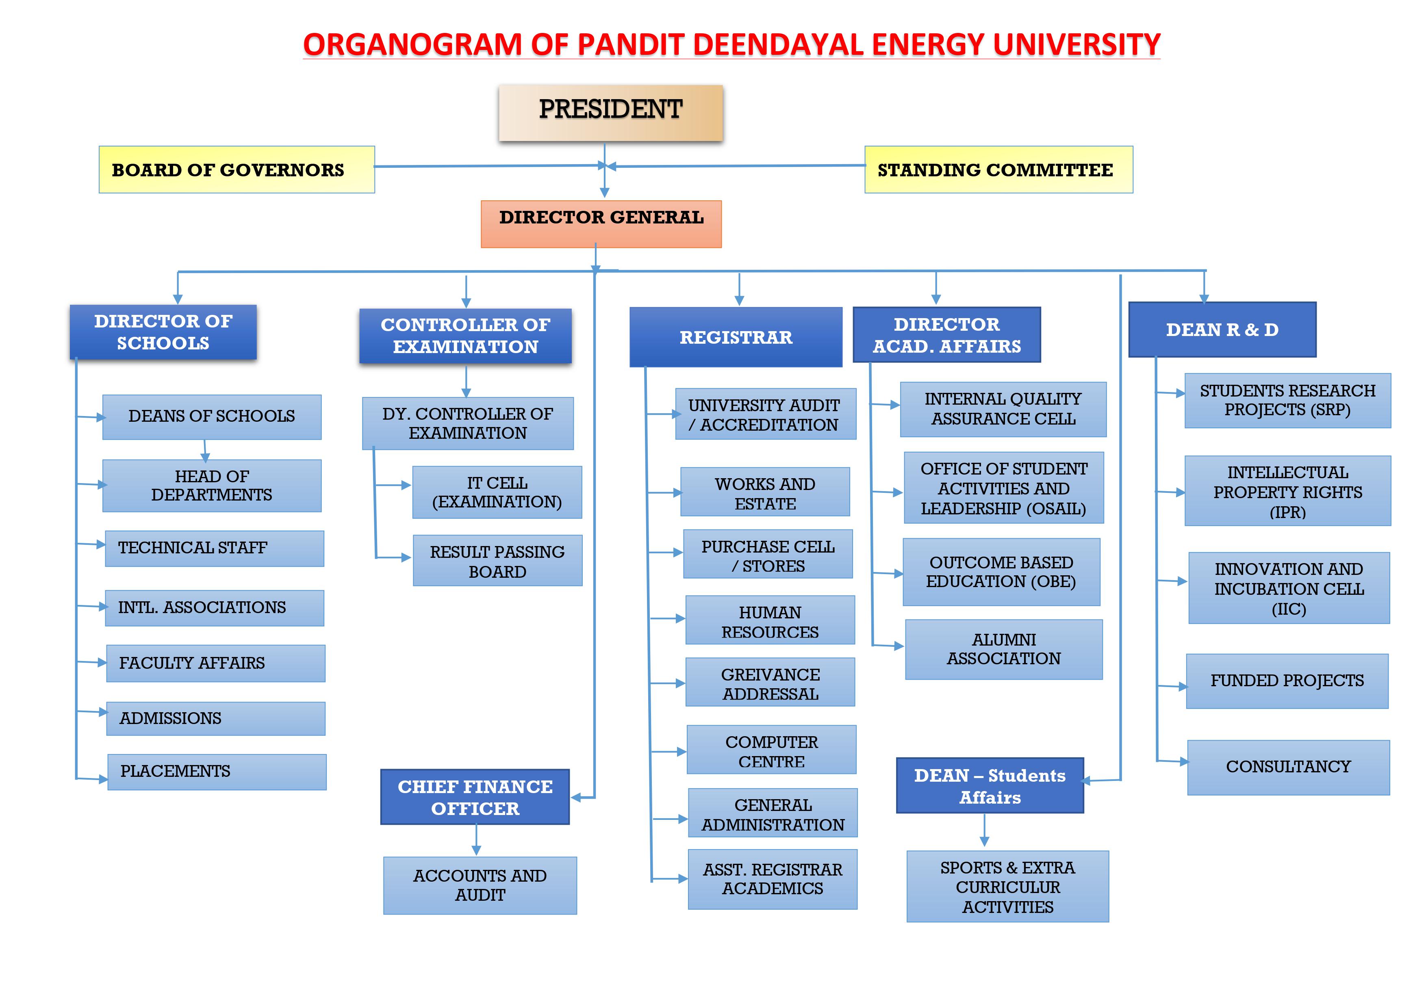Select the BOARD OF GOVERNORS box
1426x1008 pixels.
pyautogui.click(x=237, y=169)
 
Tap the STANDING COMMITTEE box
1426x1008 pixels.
pyautogui.click(x=999, y=169)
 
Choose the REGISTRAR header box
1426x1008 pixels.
pyautogui.click(x=736, y=337)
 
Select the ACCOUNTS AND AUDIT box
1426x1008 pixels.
pyautogui.click(x=480, y=886)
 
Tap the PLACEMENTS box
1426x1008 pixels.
pyautogui.click(x=217, y=772)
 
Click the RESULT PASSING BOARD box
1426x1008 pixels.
pyautogui.click(x=497, y=561)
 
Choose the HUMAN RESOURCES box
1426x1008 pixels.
pyautogui.click(x=770, y=620)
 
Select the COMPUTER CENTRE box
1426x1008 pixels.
pyautogui.click(x=771, y=750)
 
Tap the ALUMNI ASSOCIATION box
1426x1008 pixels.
pyautogui.click(x=1004, y=650)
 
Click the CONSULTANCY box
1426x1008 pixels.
pyautogui.click(x=1289, y=767)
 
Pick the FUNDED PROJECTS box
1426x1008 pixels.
pyautogui.click(x=1287, y=681)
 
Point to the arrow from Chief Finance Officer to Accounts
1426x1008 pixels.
pyautogui.click(x=476, y=840)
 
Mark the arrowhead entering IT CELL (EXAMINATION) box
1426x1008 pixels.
pyautogui.click(x=407, y=485)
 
